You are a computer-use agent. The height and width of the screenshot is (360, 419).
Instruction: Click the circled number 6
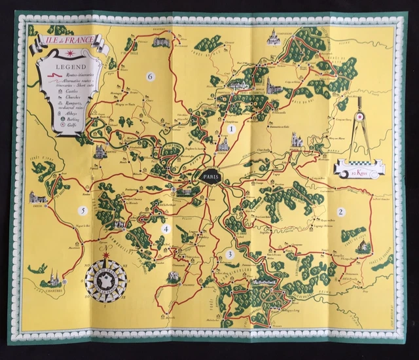click(x=150, y=77)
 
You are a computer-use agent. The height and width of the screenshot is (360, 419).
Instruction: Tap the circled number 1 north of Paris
click(x=230, y=130)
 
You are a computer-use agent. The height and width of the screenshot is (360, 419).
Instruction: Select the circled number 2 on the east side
click(x=340, y=211)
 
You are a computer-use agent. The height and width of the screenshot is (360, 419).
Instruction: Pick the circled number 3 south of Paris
click(x=230, y=254)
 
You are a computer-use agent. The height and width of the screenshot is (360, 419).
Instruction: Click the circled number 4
click(x=166, y=228)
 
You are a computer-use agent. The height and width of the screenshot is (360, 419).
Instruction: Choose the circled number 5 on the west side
click(x=82, y=210)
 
